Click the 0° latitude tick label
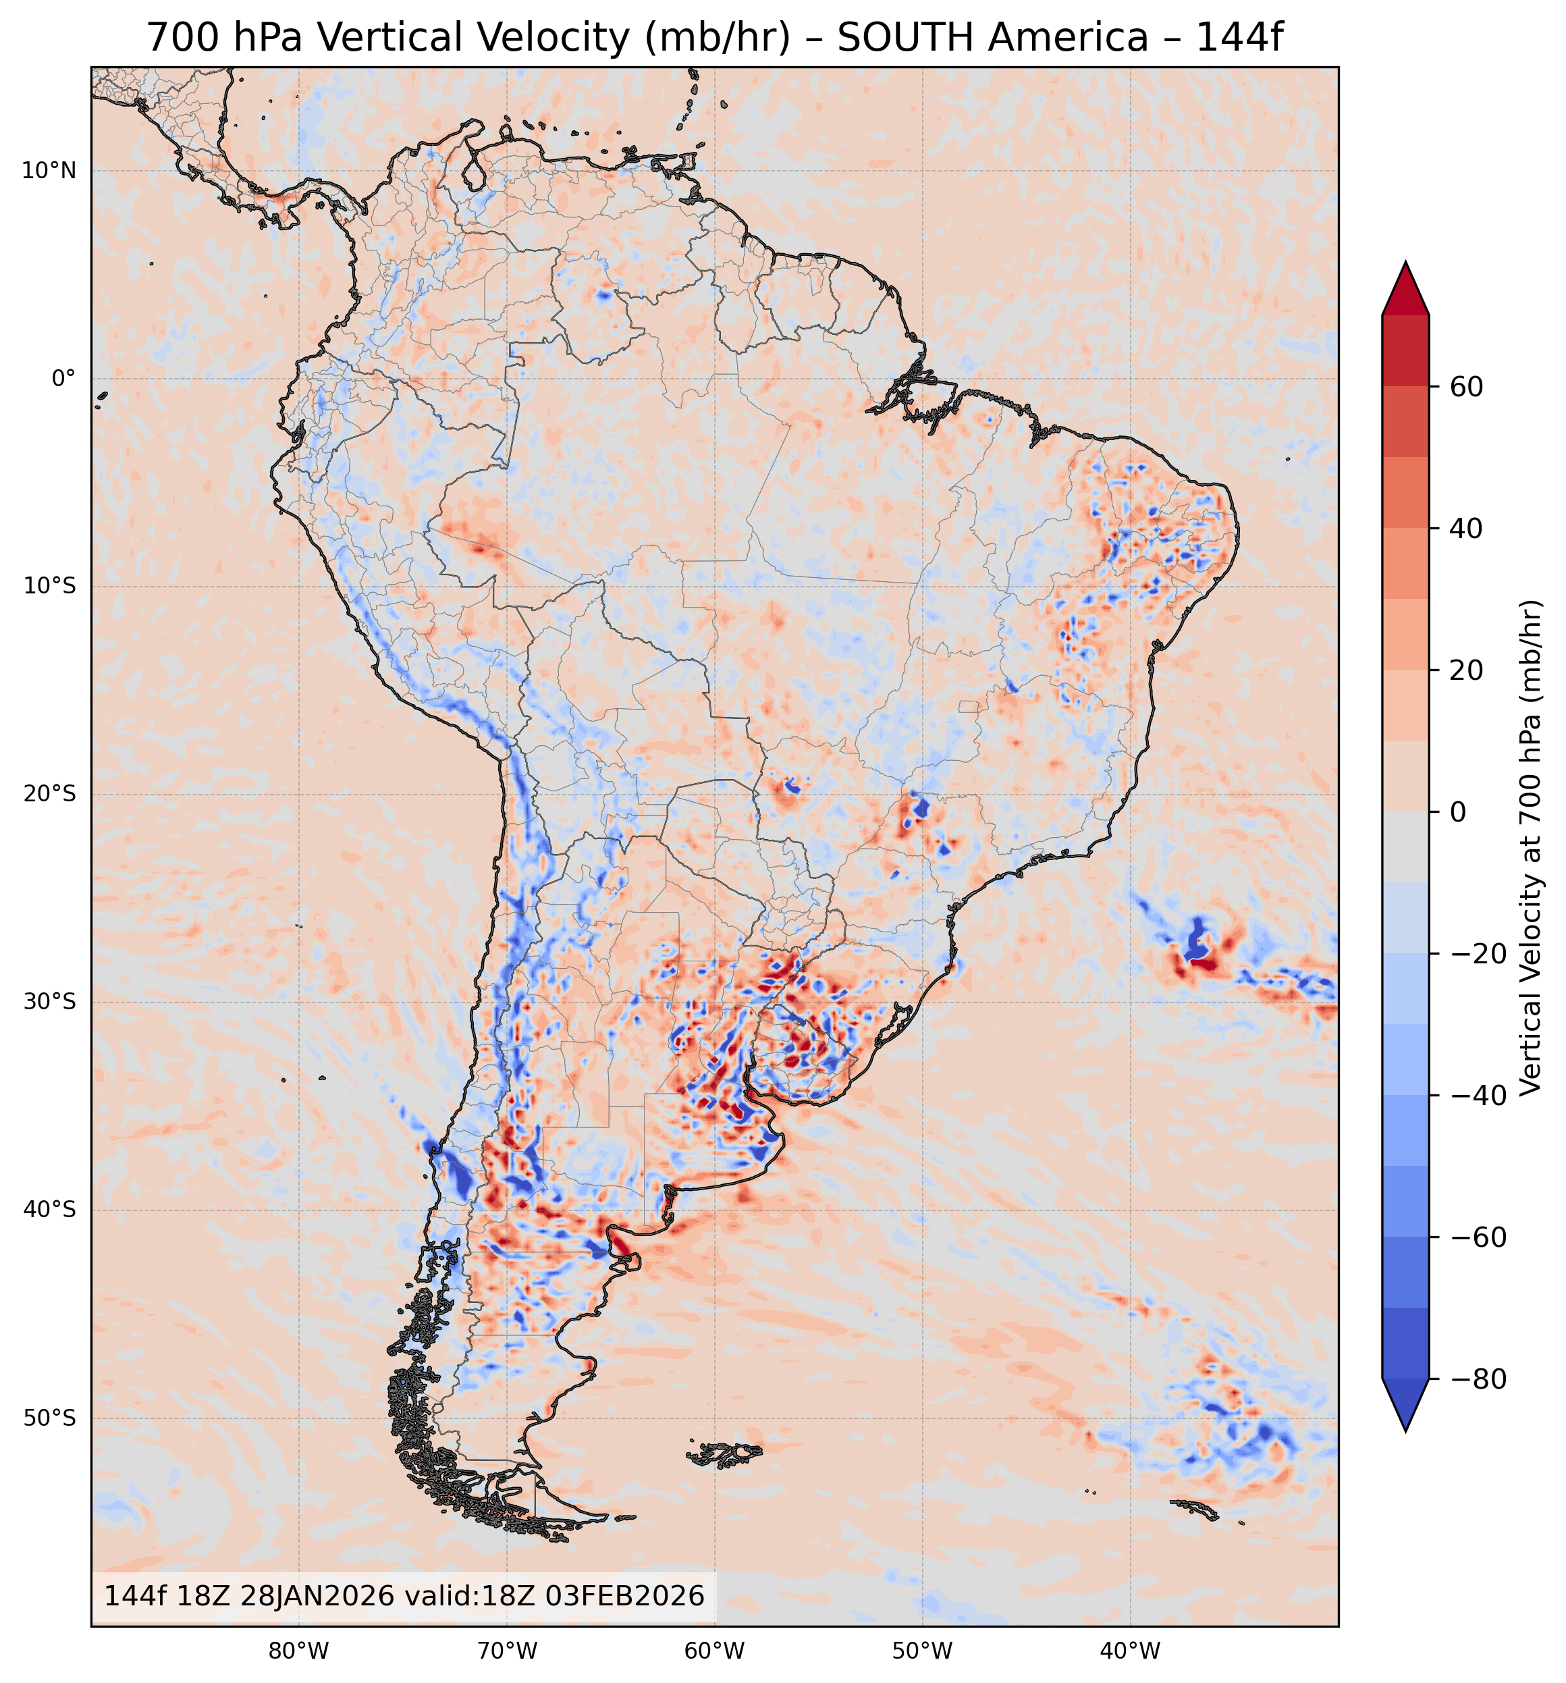point(63,379)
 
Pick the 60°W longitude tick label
point(714,1650)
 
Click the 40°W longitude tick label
point(1130,1650)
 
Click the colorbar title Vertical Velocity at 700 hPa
point(1530,847)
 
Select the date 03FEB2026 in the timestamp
point(624,1596)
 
